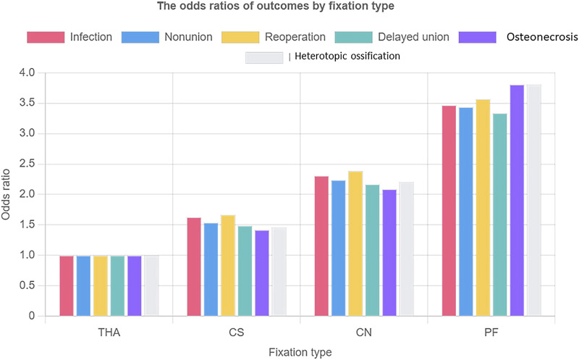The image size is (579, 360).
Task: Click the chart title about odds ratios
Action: [x=290, y=8]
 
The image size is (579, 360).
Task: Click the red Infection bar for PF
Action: [x=449, y=211]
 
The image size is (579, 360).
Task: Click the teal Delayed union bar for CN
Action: [x=373, y=250]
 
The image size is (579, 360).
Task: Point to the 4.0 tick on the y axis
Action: [x=27, y=73]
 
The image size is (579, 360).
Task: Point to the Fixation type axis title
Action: [x=300, y=352]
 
